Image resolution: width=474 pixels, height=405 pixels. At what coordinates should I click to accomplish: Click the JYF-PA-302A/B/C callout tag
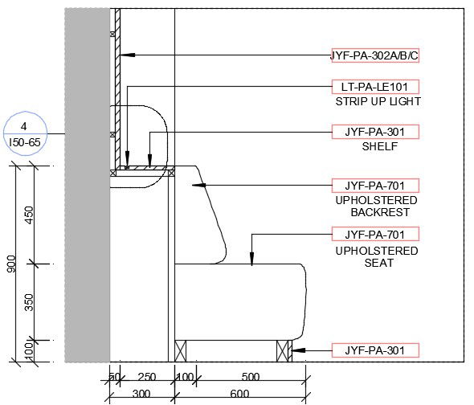coord(374,55)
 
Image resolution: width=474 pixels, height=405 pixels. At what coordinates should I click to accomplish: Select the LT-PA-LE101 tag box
coord(375,87)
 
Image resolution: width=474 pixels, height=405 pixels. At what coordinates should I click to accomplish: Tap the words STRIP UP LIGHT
coord(378,102)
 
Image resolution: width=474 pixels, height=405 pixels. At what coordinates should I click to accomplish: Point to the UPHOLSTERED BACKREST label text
coord(376,206)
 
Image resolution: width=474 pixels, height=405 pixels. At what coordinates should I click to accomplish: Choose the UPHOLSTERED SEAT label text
coord(376,257)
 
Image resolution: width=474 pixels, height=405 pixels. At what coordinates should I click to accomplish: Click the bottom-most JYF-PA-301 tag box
coord(375,350)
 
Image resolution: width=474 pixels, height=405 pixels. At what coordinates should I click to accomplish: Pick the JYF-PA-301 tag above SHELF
coord(375,132)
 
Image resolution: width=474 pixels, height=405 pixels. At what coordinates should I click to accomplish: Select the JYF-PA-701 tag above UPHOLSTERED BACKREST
coord(375,185)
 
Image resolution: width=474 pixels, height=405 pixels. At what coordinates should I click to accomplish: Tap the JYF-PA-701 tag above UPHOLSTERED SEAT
coord(375,235)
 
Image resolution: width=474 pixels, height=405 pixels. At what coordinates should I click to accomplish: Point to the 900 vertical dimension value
coord(11,264)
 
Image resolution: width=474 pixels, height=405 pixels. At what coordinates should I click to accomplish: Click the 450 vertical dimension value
coord(30,215)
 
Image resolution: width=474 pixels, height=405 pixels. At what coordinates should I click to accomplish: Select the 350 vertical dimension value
coord(30,301)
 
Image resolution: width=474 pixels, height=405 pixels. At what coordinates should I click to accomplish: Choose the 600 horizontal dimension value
coord(239,394)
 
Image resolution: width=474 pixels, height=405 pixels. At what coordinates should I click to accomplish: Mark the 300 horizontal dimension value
coord(142,394)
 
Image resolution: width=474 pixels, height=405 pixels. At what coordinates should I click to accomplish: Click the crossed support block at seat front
coord(284,350)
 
